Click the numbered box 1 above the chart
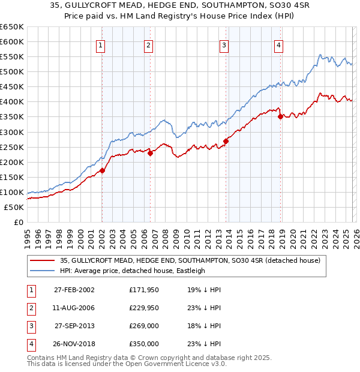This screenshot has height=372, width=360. tap(100, 45)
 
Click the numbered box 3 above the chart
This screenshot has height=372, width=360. tap(224, 45)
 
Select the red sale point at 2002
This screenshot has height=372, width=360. tap(103, 170)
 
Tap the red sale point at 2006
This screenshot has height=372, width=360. tap(150, 153)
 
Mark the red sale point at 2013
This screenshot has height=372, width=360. tap(226, 142)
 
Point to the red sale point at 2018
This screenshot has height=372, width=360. tap(281, 117)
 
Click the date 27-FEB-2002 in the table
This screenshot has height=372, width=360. tap(74, 289)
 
